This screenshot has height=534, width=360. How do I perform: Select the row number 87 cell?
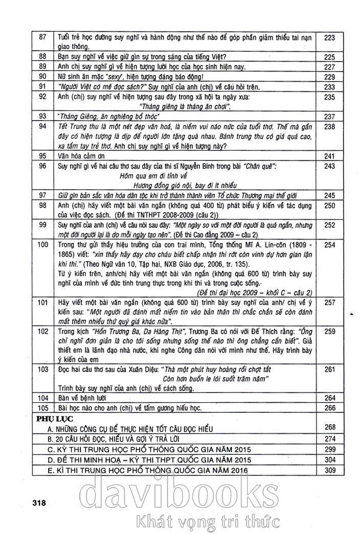coord(42,37)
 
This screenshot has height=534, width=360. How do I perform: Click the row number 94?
coord(42,126)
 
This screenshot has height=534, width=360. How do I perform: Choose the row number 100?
coord(42,245)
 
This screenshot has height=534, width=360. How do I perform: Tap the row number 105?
coord(42,408)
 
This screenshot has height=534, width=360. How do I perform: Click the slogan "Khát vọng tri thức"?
coord(206,522)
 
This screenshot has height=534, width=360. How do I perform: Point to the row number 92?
coord(42,97)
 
